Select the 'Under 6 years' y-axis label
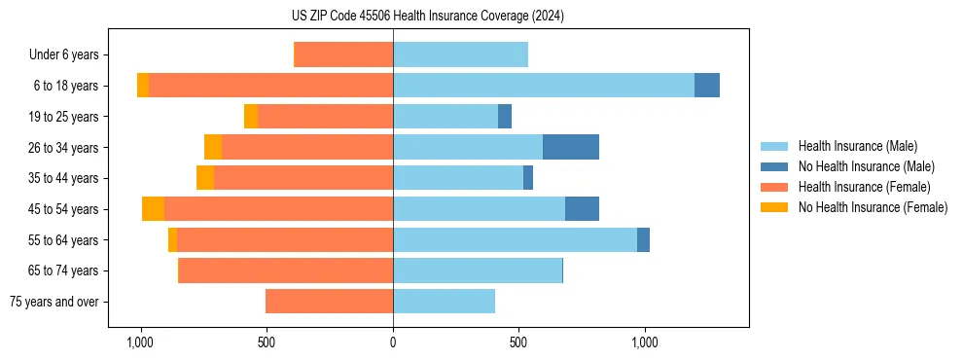(69, 54)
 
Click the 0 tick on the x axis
(393, 342)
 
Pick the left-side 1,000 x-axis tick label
(140, 342)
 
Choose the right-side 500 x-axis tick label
(519, 342)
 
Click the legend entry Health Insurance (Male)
(857, 146)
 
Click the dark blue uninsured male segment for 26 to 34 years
(571, 147)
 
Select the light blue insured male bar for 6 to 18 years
(544, 86)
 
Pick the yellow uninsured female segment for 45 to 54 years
(153, 208)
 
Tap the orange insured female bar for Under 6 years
(343, 54)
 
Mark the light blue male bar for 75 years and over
(444, 302)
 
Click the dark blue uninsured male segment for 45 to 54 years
(582, 208)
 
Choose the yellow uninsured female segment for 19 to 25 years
(251, 116)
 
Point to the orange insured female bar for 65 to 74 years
(286, 270)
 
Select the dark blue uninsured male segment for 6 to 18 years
(707, 86)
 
